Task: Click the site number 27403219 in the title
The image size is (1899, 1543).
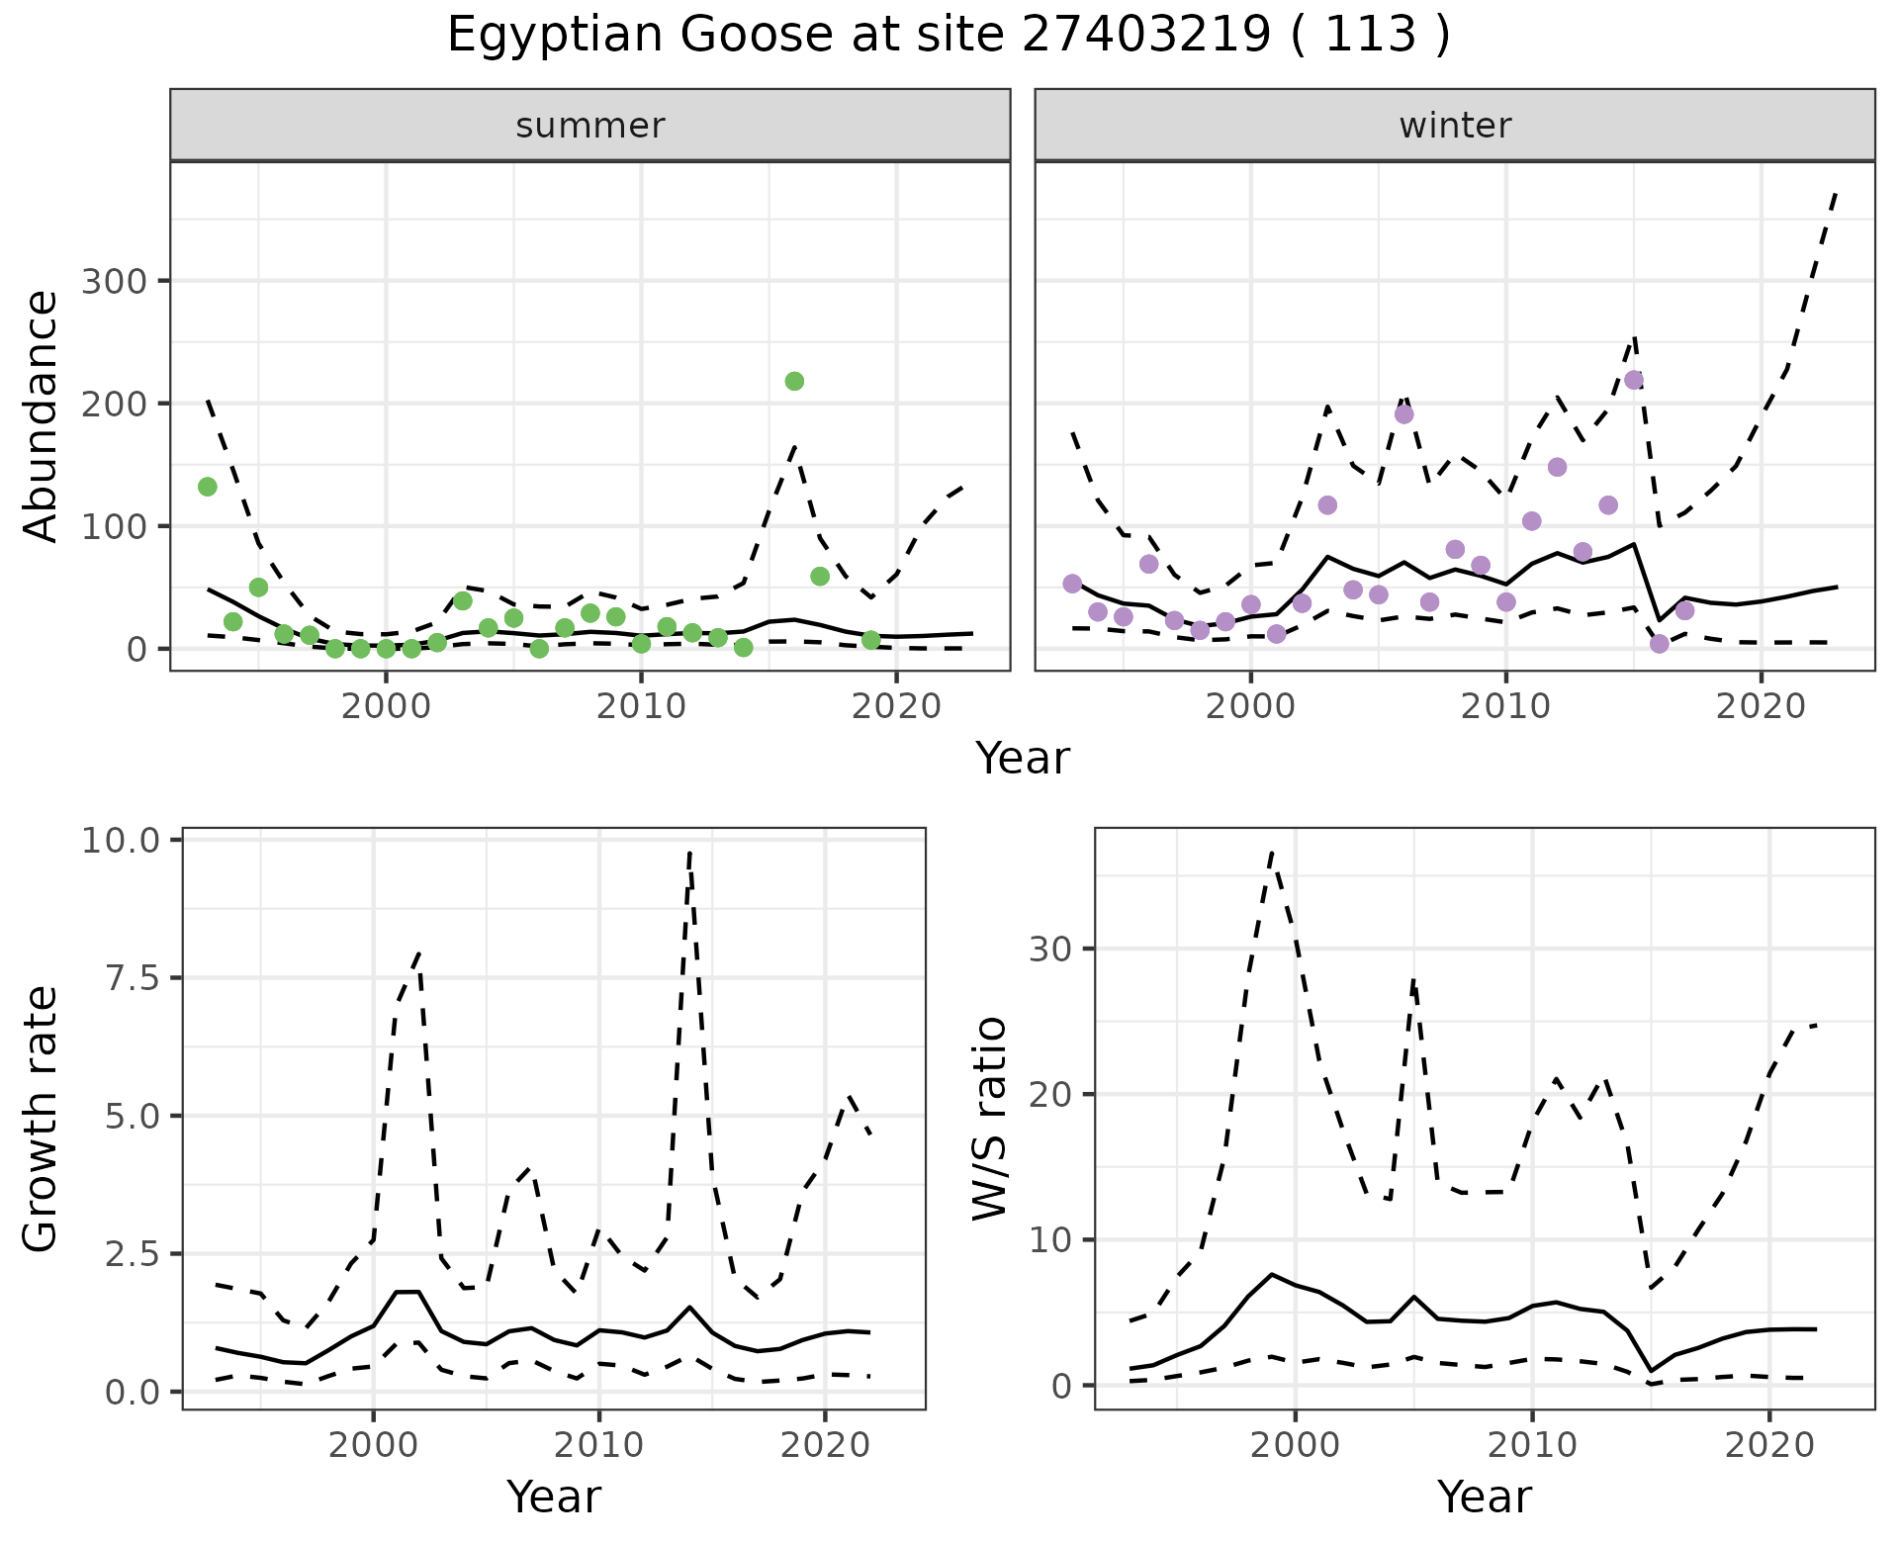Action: coord(1145,36)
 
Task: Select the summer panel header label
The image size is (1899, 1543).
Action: coord(590,126)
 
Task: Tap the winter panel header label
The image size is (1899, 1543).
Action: coord(1455,126)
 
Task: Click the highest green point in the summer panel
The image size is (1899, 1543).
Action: coord(794,381)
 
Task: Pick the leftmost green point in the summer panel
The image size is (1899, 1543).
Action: coord(208,487)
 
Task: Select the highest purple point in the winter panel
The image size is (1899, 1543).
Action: coord(1634,380)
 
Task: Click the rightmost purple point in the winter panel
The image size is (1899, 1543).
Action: coord(1685,610)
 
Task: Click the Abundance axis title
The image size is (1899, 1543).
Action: coord(41,416)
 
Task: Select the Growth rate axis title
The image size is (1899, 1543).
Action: coord(41,1119)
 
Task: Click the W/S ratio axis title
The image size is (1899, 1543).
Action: coord(989,1119)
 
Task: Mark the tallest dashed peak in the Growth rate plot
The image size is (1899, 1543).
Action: coord(689,851)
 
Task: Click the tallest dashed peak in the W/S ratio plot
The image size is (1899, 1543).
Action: coord(1272,851)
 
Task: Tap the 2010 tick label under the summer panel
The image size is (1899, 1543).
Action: coord(641,706)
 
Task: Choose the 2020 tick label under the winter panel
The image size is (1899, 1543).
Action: coord(1761,706)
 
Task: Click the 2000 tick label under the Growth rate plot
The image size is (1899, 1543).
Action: coord(373,1444)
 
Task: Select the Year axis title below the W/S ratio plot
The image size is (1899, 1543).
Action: coord(1484,1497)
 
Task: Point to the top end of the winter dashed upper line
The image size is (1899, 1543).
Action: coord(1836,194)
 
